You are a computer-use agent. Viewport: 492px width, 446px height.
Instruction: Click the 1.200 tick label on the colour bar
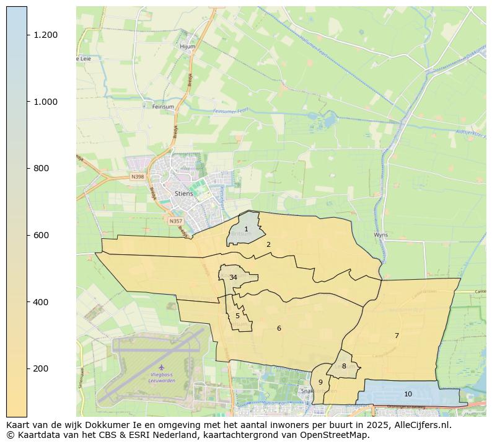(x=46, y=35)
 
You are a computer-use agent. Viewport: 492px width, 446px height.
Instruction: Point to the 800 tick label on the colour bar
(x=42, y=168)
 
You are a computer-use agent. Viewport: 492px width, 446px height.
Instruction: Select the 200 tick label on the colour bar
(x=42, y=368)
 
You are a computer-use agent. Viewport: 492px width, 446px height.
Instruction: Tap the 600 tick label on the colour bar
(x=42, y=235)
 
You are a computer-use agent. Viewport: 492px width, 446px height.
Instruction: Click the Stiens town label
(x=183, y=194)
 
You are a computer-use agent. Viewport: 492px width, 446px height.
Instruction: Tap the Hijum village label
(x=187, y=47)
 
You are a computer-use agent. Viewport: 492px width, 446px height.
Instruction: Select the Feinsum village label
(x=163, y=107)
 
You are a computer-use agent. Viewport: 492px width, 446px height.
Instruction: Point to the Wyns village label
(x=380, y=235)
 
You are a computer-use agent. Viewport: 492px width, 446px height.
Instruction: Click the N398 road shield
(x=138, y=177)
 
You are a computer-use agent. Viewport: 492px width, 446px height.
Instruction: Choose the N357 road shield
(x=175, y=221)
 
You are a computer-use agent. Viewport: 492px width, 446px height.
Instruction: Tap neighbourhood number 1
(x=246, y=230)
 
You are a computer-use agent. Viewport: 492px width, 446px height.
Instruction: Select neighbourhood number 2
(x=268, y=244)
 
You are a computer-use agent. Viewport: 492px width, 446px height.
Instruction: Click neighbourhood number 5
(x=237, y=316)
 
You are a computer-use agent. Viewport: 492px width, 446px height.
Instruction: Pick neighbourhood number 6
(x=279, y=328)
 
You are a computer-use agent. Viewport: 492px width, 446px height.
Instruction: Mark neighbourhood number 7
(x=397, y=336)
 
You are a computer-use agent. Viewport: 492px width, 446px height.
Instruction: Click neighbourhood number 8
(x=344, y=366)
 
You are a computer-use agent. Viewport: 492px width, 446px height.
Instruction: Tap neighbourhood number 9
(x=320, y=382)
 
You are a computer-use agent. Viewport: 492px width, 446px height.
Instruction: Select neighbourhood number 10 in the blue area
(x=408, y=394)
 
